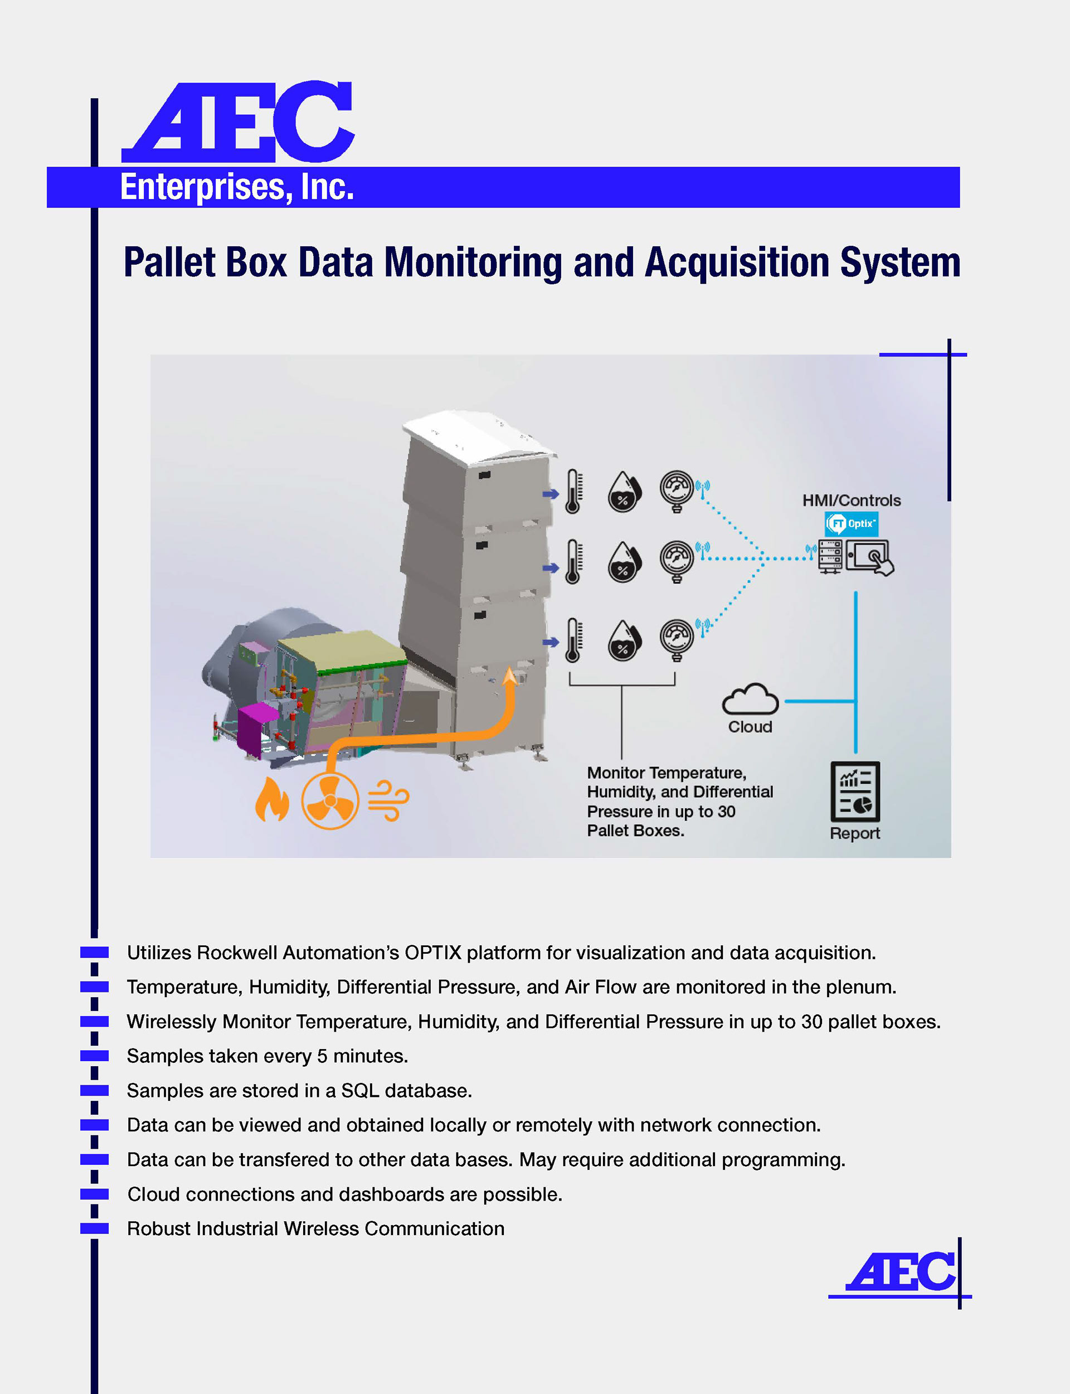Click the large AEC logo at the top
click(237, 122)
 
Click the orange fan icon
click(330, 800)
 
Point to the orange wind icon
click(388, 800)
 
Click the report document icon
click(855, 791)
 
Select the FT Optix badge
click(852, 523)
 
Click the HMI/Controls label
click(852, 501)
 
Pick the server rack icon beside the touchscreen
click(830, 557)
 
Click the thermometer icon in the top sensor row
click(573, 492)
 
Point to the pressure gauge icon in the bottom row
click(677, 639)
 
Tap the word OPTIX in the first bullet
click(432, 952)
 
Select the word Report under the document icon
click(855, 833)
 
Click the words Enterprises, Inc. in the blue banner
click(237, 187)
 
